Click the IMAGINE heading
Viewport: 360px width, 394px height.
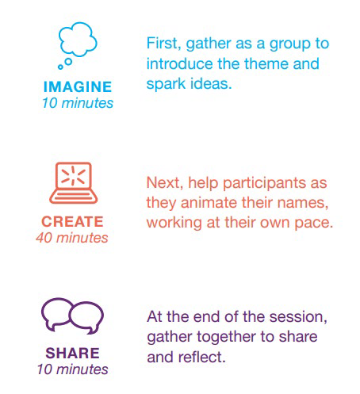click(x=78, y=87)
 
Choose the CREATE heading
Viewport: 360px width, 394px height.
click(x=72, y=221)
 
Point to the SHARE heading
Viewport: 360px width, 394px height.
click(x=73, y=353)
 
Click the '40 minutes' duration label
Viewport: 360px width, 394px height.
click(x=72, y=238)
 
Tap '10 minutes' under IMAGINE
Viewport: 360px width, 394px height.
click(x=78, y=103)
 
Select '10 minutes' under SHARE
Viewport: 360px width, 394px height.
click(x=73, y=369)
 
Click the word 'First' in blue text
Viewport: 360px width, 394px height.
click(x=162, y=44)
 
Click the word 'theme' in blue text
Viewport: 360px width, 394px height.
click(x=266, y=63)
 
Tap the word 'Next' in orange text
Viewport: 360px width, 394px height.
click(x=163, y=182)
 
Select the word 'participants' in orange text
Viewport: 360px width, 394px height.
click(x=265, y=183)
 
